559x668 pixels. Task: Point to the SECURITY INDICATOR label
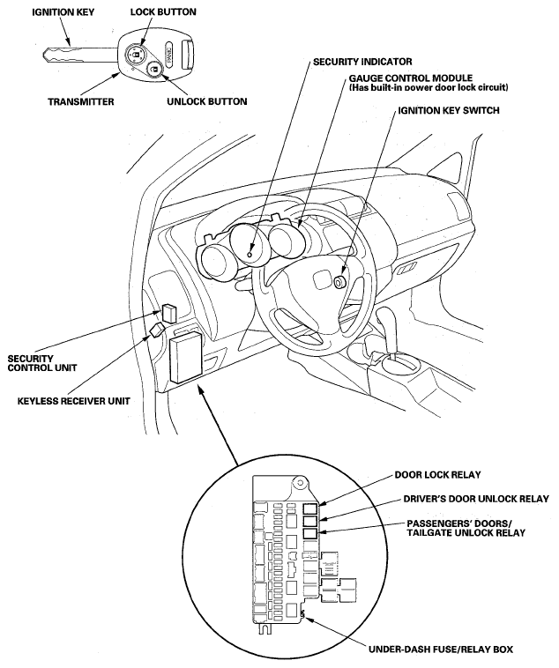pyautogui.click(x=361, y=63)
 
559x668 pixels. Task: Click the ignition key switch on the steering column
pyautogui.click(x=339, y=282)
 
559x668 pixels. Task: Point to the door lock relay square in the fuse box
pyautogui.click(x=309, y=509)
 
